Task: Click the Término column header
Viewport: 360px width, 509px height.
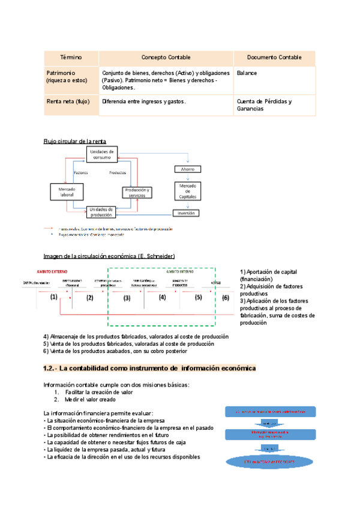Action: pos(71,58)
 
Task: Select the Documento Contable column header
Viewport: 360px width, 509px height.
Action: pos(274,58)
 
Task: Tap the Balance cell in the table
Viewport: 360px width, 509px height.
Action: pos(247,73)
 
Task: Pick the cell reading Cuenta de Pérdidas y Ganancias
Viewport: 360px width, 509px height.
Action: pos(264,105)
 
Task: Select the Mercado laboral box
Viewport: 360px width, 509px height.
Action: pos(67,191)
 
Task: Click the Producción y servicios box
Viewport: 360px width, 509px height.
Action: pos(139,191)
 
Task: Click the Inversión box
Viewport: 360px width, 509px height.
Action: pos(185,212)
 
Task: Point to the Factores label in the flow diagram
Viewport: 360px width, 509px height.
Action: pos(80,173)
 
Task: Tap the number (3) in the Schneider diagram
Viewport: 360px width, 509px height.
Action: pos(127,297)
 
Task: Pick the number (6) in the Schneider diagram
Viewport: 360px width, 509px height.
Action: pos(226,297)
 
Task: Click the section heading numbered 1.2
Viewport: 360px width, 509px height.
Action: pos(149,368)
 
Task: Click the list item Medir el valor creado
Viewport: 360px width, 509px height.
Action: pos(94,399)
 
